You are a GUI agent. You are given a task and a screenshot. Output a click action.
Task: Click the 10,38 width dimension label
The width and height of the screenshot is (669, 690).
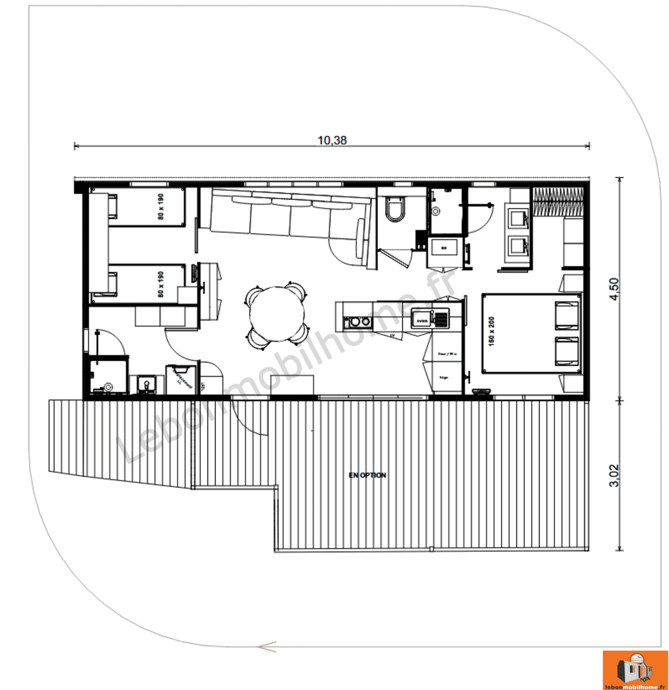(x=332, y=140)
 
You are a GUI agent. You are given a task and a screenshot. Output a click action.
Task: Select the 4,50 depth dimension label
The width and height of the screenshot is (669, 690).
(x=614, y=289)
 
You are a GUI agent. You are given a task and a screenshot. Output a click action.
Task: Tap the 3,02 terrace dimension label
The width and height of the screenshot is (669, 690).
(x=614, y=475)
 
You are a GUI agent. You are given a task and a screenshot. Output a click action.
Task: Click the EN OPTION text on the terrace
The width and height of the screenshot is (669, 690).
(x=367, y=475)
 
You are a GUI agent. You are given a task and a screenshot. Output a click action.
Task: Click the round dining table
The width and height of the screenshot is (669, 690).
(x=277, y=314)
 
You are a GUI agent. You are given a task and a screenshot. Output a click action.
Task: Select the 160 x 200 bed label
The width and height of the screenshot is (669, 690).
(x=491, y=331)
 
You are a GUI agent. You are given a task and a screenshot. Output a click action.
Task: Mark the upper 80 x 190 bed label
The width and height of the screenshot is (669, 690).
(x=161, y=207)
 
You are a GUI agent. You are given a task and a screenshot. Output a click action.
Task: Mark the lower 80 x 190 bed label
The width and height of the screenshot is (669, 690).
(x=161, y=284)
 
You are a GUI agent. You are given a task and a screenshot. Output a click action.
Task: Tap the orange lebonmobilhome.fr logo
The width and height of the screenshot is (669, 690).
(x=635, y=670)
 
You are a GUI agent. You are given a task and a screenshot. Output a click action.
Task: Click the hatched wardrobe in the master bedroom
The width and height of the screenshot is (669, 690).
(x=558, y=202)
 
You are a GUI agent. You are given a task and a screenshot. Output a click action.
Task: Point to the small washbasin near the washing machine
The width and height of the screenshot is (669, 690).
(x=146, y=383)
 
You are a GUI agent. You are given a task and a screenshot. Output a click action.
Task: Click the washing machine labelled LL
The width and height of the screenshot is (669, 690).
(x=181, y=380)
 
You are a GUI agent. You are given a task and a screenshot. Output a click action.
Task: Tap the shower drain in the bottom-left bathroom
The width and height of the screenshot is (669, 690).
(x=109, y=387)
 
